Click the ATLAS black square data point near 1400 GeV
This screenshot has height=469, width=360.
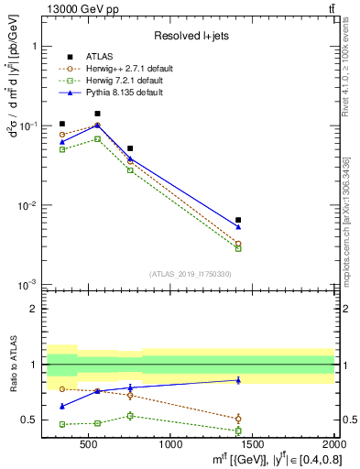pos(238,220)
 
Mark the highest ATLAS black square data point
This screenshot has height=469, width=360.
pos(97,114)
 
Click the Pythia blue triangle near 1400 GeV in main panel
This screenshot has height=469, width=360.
pos(238,227)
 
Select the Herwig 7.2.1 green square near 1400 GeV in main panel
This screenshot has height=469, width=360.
pos(238,248)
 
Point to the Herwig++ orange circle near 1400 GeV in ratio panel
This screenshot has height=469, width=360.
pos(238,419)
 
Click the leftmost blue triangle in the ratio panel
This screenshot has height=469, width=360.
pos(62,406)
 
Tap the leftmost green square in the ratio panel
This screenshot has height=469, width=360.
pos(62,424)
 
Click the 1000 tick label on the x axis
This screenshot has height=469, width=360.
pos(170,445)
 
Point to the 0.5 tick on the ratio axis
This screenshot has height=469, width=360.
pos(32,420)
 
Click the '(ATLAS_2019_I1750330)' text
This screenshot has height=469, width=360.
pos(191,274)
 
